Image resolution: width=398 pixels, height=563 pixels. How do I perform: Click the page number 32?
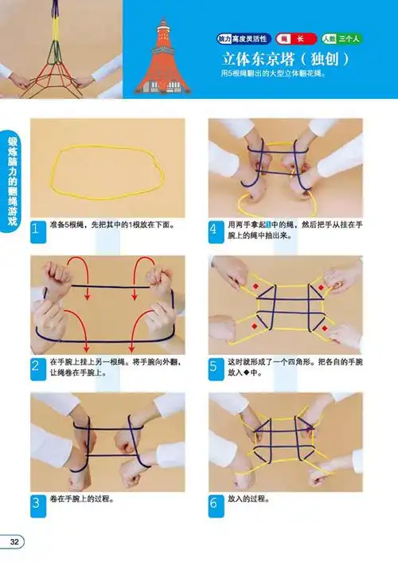click(x=14, y=542)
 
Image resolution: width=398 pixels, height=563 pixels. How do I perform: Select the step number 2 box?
click(x=37, y=367)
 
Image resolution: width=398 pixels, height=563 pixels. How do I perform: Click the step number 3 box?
click(x=37, y=503)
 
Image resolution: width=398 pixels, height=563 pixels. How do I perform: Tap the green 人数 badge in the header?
click(x=341, y=38)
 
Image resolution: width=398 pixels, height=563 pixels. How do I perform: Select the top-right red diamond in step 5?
click(x=322, y=287)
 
